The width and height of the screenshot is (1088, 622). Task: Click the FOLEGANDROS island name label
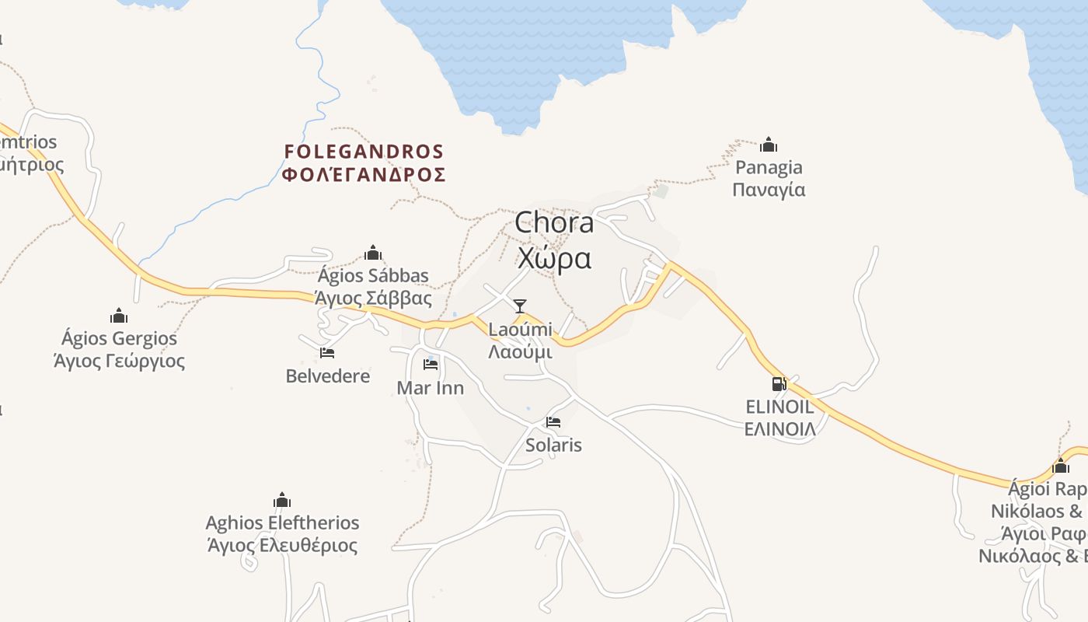point(364,151)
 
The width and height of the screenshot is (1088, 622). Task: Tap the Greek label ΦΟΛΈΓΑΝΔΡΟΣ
point(364,174)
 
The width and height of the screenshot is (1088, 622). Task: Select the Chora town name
point(554,223)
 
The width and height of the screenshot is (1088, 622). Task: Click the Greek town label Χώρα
point(554,257)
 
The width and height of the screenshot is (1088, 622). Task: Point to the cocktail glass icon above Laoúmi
point(520,306)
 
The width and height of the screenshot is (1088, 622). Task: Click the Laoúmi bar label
point(520,329)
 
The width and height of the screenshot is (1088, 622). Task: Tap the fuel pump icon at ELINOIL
point(779,383)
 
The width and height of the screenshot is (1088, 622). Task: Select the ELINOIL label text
point(779,407)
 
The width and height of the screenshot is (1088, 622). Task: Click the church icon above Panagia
point(769,145)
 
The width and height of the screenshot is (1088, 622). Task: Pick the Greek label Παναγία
point(769,190)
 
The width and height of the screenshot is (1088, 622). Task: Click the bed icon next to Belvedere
point(327,353)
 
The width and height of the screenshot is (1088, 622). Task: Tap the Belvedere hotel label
point(328,376)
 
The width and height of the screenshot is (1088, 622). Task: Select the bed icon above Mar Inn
point(431,364)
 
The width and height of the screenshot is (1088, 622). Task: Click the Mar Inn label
point(431,388)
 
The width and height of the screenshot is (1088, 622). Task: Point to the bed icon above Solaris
point(553,422)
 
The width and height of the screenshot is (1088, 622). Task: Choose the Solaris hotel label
point(553,446)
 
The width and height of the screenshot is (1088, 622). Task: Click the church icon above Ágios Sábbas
point(373,253)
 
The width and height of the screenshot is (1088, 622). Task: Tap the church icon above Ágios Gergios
point(119,316)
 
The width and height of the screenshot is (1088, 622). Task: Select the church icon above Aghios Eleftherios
point(282,499)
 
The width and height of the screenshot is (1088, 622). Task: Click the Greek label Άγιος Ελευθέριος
point(282,545)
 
